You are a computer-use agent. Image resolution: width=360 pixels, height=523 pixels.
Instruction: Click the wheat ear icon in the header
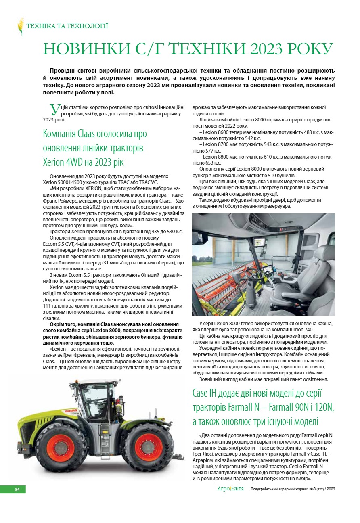20,26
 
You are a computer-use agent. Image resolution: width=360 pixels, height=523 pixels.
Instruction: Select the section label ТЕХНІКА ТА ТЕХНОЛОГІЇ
67,26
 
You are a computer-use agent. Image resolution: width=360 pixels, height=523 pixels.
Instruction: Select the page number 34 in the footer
17,489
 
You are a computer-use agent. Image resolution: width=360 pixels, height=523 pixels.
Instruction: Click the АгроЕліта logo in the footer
230,489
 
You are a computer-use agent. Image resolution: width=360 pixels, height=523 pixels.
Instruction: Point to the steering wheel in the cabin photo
253,274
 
